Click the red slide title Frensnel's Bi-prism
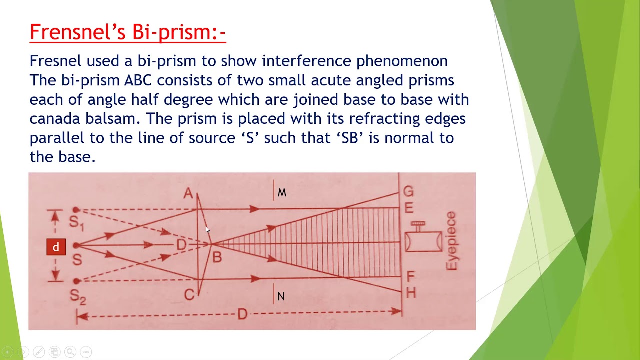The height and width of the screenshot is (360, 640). point(128,32)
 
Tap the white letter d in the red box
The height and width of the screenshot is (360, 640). point(56,247)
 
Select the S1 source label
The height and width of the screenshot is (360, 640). point(76,222)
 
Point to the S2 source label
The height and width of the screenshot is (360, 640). point(78,296)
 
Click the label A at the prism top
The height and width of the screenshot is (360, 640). point(188,193)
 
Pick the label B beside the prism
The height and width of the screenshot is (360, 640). point(217,258)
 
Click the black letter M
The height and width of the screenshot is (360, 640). point(282,193)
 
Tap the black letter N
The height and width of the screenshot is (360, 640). point(281,297)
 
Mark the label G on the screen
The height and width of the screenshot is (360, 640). point(408,192)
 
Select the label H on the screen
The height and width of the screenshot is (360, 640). point(411,293)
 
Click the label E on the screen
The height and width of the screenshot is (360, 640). point(409,208)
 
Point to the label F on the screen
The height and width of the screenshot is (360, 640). point(410,276)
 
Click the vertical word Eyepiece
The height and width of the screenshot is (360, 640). point(451,241)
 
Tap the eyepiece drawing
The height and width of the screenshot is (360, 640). point(423,241)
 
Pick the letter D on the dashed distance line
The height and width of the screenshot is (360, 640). point(242,314)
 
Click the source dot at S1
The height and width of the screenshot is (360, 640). point(76,210)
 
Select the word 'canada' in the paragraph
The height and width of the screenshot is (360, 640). point(53,119)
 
